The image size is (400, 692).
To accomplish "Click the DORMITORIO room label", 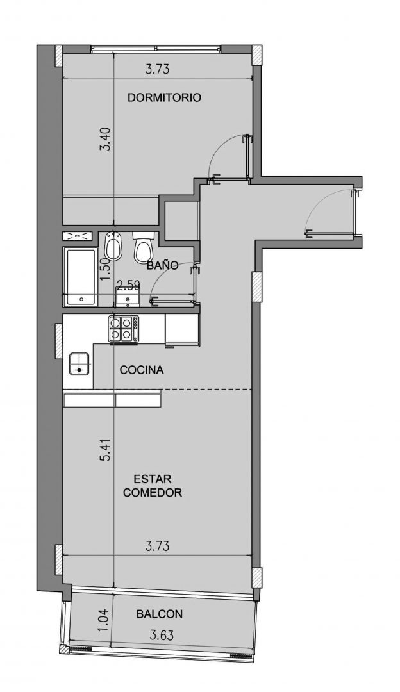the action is (x=164, y=97).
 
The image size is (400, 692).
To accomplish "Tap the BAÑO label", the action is (x=162, y=266).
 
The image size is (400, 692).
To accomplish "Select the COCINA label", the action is (x=142, y=370).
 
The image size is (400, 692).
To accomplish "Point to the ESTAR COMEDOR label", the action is (x=153, y=486).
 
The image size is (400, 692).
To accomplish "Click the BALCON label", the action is (x=160, y=614).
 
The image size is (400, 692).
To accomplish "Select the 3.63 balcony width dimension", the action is (x=162, y=636).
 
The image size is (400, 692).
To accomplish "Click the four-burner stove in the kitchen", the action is (x=124, y=329).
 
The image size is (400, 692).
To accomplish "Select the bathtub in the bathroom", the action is (x=81, y=277).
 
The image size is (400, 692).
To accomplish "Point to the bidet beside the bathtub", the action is (x=113, y=246).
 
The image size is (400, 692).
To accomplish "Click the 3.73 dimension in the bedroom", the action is (x=157, y=69).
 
